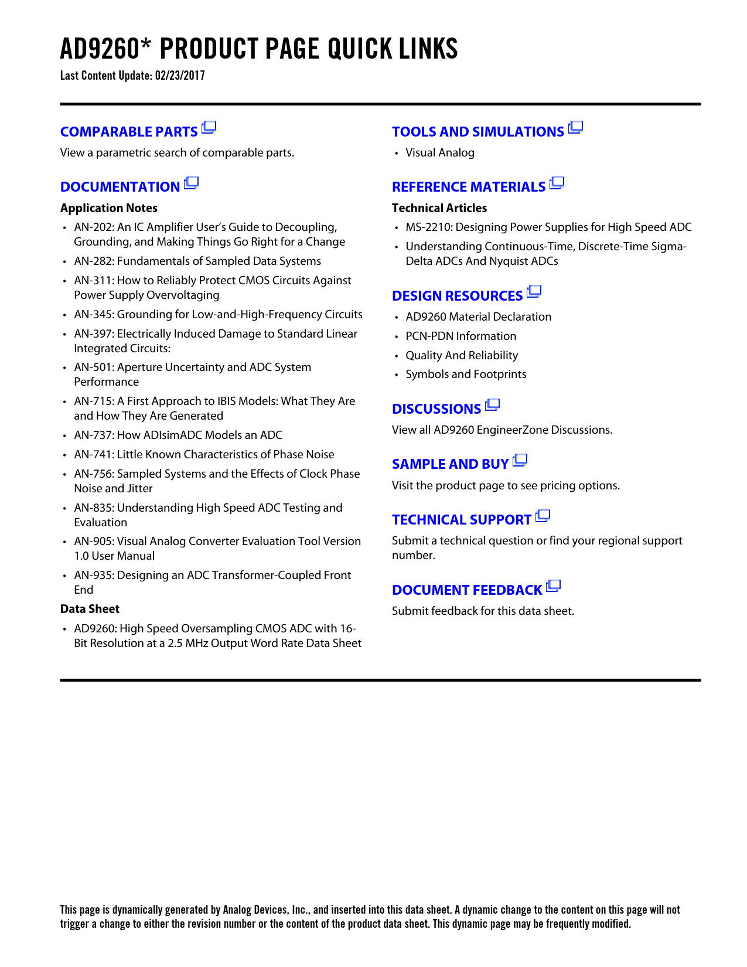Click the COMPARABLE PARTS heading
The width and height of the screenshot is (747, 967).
coord(129,132)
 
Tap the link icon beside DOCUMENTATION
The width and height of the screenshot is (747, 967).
coord(191,183)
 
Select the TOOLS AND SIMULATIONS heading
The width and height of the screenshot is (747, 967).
coord(477,132)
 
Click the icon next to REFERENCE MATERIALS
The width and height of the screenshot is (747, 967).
coord(557,183)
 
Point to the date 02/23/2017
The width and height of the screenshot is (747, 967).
coord(180,76)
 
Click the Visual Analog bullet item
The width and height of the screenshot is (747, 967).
coord(439,153)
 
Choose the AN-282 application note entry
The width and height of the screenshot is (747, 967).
coord(197,261)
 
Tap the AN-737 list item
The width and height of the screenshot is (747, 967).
coord(178,435)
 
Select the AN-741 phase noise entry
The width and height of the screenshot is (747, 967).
coord(204,455)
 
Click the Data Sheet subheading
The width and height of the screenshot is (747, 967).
coord(90,609)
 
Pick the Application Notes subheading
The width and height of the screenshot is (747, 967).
coord(108,208)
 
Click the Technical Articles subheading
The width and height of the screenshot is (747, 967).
coord(439,208)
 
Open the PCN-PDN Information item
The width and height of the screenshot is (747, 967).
coord(461,336)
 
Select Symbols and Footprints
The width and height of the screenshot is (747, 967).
coord(466,374)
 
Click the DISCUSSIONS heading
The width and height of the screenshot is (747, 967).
coord(436,409)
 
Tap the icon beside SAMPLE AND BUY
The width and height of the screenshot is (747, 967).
coord(520,461)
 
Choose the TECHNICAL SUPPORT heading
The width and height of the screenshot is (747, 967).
coord(461,520)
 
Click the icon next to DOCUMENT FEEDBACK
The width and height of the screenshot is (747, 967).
coord(553,586)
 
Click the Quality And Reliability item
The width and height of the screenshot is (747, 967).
coord(462,356)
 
